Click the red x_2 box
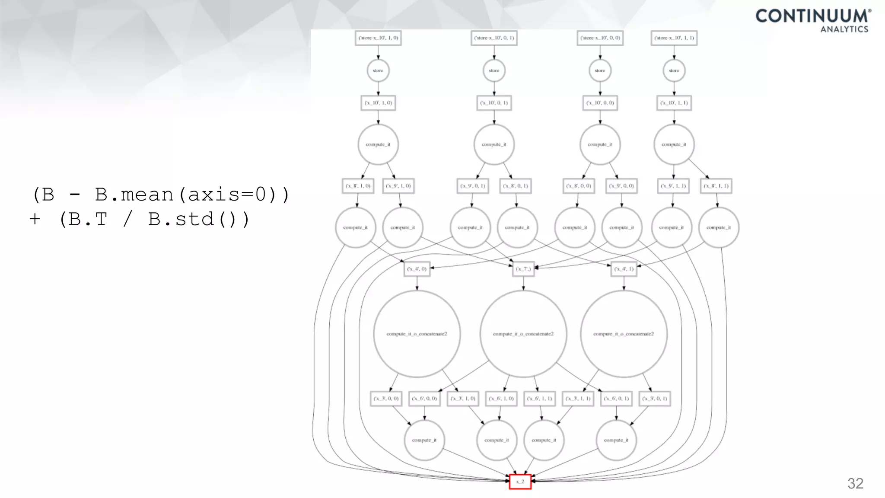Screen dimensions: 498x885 pos(520,482)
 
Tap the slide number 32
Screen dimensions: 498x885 pos(855,483)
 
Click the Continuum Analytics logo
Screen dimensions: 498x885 pos(813,20)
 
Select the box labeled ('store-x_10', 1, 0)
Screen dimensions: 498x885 pos(378,38)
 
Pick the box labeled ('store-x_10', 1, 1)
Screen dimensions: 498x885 pos(674,38)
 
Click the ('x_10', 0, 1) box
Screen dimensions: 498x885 pos(494,103)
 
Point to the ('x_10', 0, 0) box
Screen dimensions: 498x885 pos(600,103)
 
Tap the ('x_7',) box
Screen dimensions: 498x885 pos(523,269)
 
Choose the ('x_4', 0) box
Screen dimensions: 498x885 pos(417,269)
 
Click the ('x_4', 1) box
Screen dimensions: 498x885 pos(624,269)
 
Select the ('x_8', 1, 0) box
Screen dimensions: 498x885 pos(357,186)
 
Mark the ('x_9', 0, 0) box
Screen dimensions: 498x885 pos(621,186)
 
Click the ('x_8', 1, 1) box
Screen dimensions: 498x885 pos(716,186)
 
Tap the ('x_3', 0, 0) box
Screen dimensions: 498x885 pos(386,399)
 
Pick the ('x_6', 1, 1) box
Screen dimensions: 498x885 pos(540,399)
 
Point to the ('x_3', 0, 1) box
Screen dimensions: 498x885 pos(655,399)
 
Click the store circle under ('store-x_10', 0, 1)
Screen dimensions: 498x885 pos(494,70)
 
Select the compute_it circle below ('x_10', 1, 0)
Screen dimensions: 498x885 pos(378,144)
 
